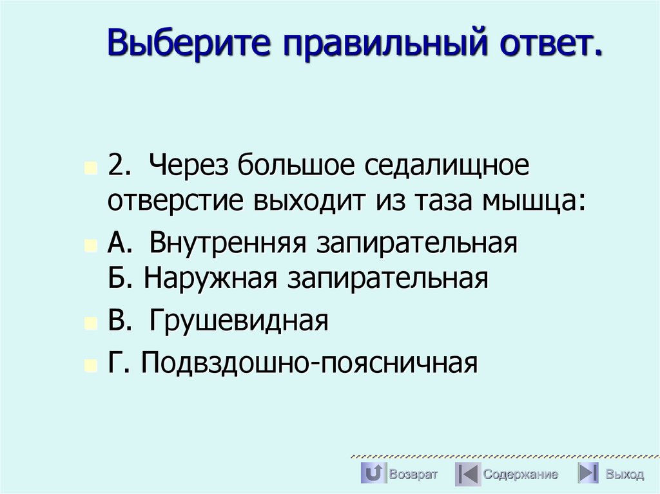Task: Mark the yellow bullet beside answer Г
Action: [90, 365]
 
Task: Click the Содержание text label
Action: [521, 475]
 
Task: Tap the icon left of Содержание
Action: [467, 474]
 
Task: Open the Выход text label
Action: [624, 475]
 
